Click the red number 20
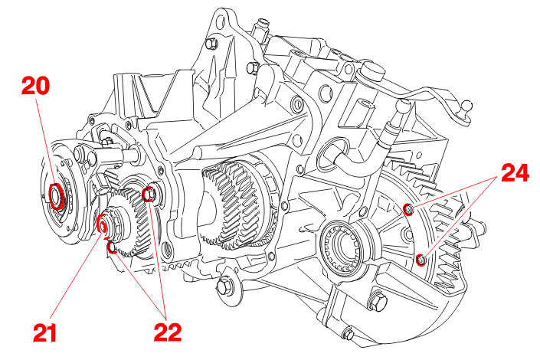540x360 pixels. pos(35,85)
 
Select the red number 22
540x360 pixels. pos(168,332)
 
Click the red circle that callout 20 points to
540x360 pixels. pos(56,196)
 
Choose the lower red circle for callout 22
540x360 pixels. pos(112,247)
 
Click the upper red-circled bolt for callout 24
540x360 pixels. pos(408,209)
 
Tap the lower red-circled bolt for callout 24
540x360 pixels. pos(421,260)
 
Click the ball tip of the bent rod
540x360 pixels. pos(465,106)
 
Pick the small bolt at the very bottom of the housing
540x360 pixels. pos(349,333)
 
